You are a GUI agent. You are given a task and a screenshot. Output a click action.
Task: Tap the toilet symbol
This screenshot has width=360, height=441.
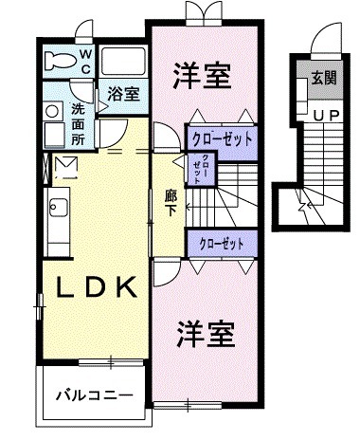(62, 62)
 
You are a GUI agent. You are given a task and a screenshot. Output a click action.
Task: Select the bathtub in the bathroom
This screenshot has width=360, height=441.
(122, 64)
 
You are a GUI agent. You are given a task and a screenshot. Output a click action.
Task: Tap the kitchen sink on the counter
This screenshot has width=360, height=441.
(53, 203)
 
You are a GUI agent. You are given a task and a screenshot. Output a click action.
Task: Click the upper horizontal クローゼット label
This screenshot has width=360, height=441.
(223, 138)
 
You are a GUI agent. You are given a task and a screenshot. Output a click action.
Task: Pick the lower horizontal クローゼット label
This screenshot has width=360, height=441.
(223, 244)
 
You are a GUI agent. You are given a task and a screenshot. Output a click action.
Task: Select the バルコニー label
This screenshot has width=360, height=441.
(93, 393)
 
